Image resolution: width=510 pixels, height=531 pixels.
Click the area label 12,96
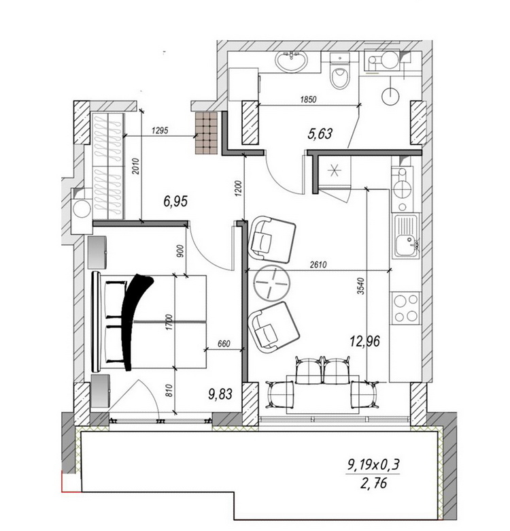click(x=365, y=341)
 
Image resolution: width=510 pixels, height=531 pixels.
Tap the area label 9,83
click(x=220, y=394)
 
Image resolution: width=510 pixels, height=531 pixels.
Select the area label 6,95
click(x=175, y=202)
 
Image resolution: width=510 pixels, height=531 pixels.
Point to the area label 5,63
click(x=320, y=133)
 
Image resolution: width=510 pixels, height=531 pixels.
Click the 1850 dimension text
click(x=308, y=99)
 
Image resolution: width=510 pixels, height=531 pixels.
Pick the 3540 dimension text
click(x=361, y=286)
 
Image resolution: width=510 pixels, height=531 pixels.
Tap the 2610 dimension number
click(x=318, y=265)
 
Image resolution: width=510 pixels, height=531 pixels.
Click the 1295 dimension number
click(x=160, y=131)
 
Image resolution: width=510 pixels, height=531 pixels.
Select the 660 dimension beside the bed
click(x=224, y=344)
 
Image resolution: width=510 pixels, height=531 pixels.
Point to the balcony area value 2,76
click(x=374, y=483)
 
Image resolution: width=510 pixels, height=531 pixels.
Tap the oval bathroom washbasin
click(x=291, y=61)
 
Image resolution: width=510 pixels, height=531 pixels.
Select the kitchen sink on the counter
click(x=407, y=237)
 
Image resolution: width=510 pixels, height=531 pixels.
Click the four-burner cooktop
click(x=406, y=308)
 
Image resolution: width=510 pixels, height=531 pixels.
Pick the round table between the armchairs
click(x=272, y=282)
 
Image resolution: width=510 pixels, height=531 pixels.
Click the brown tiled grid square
click(x=206, y=133)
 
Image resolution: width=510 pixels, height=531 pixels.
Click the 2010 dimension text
click(x=135, y=166)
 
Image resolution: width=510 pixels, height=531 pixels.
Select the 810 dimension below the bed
click(x=169, y=390)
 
